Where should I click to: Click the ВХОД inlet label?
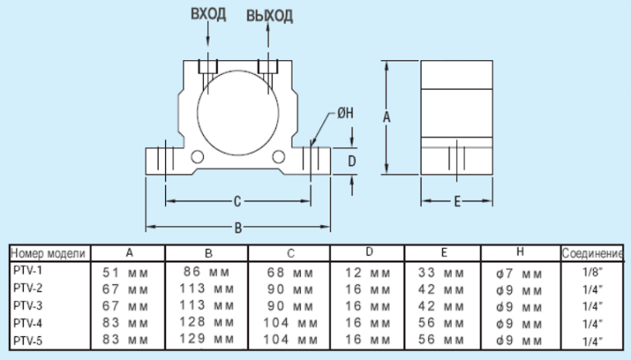(208, 14)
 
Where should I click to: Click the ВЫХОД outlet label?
(269, 16)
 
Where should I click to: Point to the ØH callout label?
(345, 113)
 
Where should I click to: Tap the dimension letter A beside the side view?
(386, 118)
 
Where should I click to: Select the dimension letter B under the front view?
(237, 228)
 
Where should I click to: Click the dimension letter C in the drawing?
(237, 201)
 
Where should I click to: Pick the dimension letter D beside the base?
(352, 161)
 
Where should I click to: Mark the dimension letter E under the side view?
(457, 201)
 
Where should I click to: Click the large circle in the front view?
(237, 72)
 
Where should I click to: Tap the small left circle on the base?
(197, 150)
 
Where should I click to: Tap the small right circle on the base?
(279, 150)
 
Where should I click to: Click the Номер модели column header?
(48, 254)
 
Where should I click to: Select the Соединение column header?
(592, 254)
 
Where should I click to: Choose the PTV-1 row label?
(28, 270)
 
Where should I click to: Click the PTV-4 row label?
(28, 323)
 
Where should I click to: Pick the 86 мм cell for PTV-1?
(206, 272)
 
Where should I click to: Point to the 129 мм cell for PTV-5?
(206, 339)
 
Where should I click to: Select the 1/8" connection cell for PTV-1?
(592, 272)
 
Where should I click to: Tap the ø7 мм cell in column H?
(519, 275)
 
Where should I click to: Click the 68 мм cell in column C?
(290, 273)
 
